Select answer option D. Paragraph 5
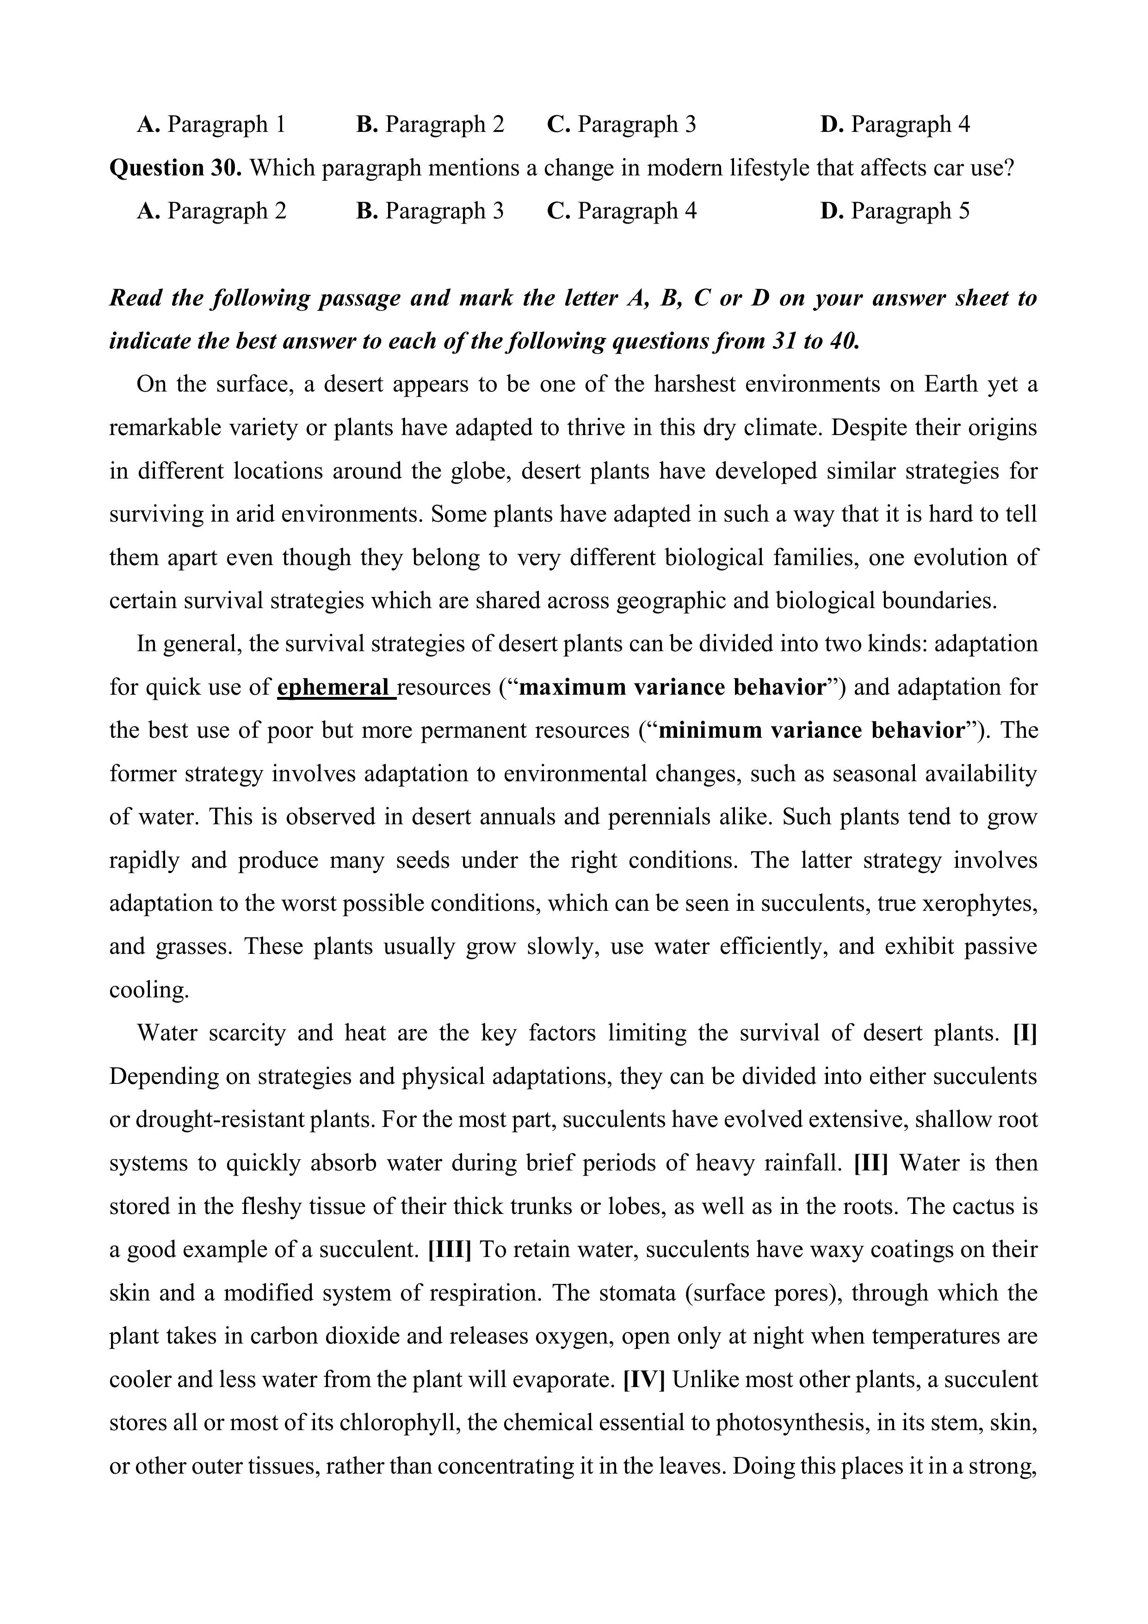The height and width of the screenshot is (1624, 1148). tap(895, 211)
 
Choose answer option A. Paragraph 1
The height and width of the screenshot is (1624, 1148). tap(210, 124)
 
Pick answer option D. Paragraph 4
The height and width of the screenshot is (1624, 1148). tap(895, 124)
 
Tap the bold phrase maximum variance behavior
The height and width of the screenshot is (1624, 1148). tap(672, 687)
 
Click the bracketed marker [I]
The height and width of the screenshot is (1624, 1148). tap(1025, 1033)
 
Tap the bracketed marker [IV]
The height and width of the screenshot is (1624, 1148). tap(644, 1379)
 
